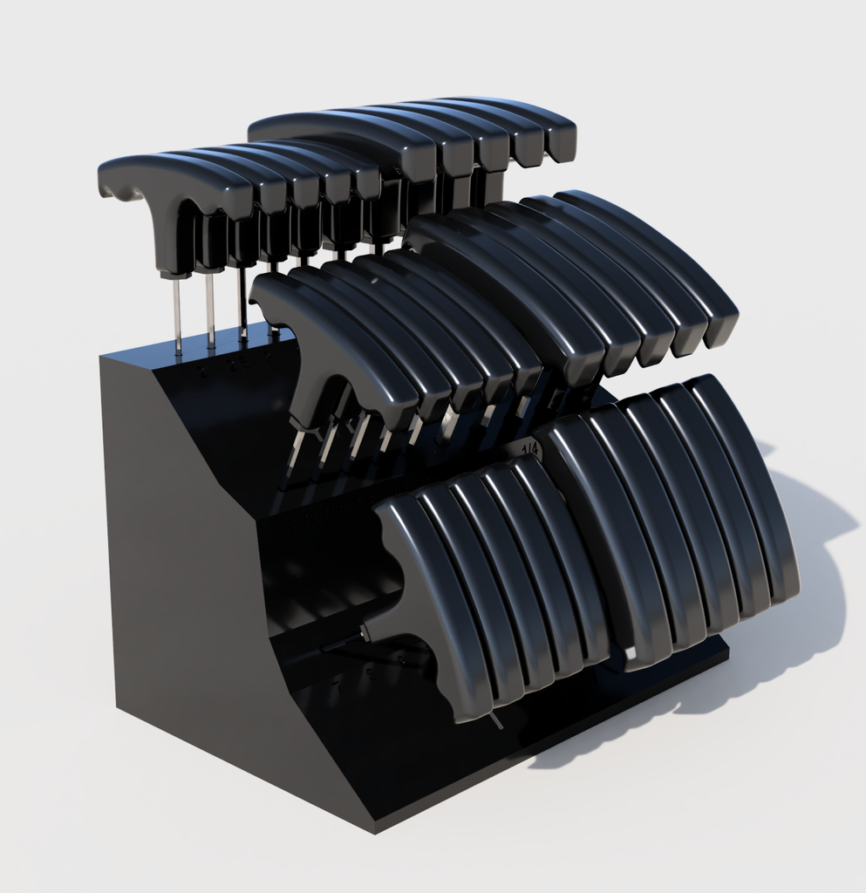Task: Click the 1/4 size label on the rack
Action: tap(529, 448)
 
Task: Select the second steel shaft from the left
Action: tap(210, 310)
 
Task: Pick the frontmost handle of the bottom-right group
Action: tap(610, 541)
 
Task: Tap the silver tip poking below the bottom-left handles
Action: tap(496, 720)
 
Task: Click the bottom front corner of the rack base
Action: tap(375, 824)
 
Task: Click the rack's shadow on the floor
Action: tap(785, 628)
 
